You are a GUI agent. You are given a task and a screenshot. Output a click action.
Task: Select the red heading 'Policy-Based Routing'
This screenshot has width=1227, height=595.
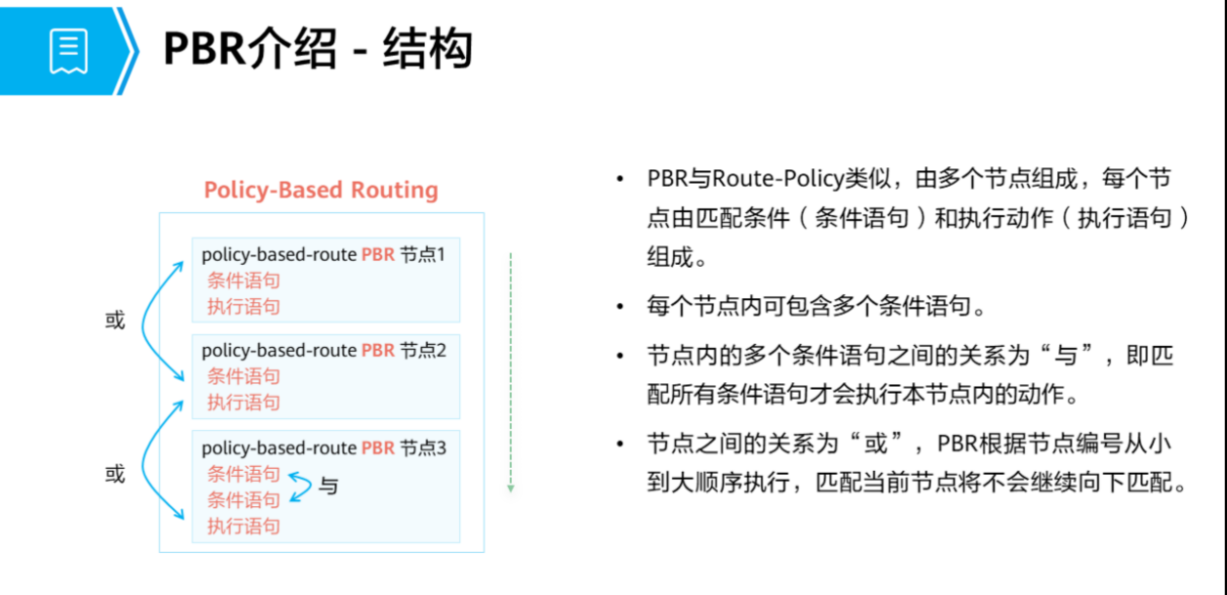[x=320, y=190]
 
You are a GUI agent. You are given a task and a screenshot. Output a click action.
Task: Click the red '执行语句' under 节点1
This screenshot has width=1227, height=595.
[x=243, y=307]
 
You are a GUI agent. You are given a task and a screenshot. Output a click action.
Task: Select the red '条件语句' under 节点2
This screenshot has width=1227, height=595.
[x=243, y=376]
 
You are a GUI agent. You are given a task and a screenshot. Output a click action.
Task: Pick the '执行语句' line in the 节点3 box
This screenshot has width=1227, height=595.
[x=243, y=527]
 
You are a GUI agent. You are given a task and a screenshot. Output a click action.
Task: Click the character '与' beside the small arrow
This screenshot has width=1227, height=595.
[x=329, y=486]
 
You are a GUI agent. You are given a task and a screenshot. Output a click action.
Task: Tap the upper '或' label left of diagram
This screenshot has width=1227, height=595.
[x=115, y=320]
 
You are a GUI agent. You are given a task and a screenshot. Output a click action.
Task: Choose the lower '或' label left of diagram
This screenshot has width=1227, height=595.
[x=115, y=475]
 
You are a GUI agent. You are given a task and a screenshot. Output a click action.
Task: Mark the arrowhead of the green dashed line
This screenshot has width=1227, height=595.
[x=510, y=487]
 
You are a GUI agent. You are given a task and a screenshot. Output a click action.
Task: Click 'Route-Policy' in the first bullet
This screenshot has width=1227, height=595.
[x=768, y=180]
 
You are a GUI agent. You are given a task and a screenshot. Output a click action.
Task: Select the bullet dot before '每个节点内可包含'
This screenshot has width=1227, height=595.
[x=619, y=307]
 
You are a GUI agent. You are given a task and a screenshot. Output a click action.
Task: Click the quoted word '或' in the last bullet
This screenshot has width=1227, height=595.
[x=876, y=444]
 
